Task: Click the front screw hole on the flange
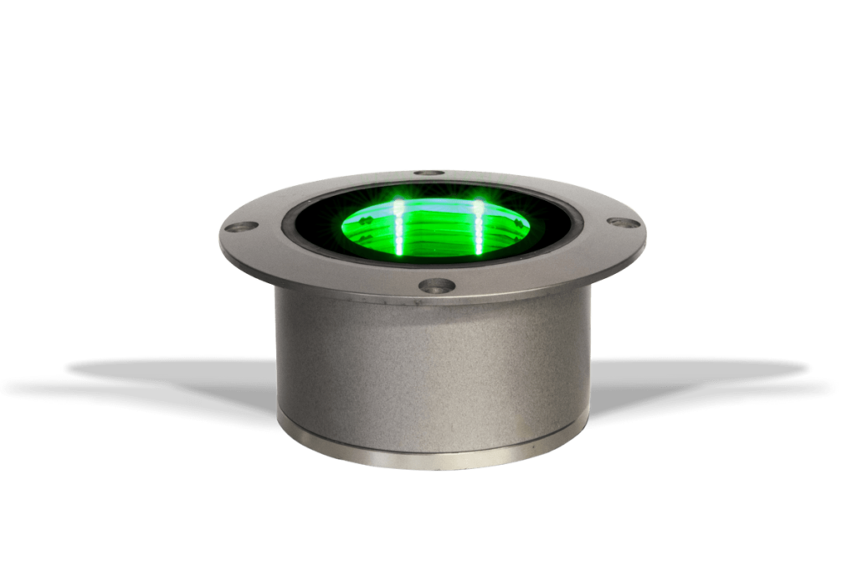click(435, 286)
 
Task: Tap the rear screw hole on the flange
click(430, 173)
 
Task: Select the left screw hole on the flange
click(244, 226)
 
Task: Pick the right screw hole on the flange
click(619, 223)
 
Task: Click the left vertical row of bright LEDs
click(399, 226)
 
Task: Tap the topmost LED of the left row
click(399, 205)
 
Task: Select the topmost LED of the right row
click(480, 204)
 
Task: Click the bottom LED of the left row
click(400, 249)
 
